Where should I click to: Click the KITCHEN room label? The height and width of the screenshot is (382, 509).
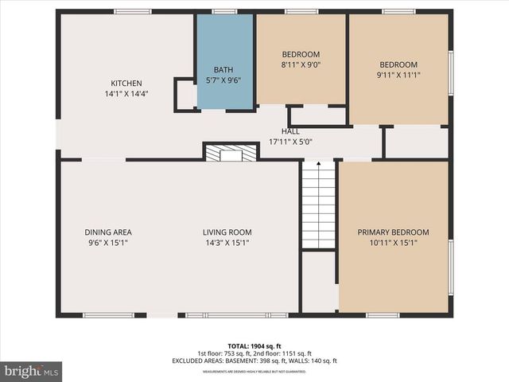click(x=126, y=84)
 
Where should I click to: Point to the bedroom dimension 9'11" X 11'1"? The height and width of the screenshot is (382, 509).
click(x=398, y=76)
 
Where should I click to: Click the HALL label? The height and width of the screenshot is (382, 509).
click(x=290, y=131)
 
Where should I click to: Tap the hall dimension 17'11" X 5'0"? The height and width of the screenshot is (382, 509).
click(x=290, y=142)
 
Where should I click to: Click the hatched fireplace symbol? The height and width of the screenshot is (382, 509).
click(x=231, y=152)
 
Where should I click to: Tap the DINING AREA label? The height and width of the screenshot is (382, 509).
click(x=108, y=232)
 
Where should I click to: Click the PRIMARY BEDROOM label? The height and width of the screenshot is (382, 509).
click(x=393, y=232)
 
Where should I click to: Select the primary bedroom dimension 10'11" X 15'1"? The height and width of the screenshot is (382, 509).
click(x=393, y=243)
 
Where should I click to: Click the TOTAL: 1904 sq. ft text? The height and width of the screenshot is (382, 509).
click(x=254, y=346)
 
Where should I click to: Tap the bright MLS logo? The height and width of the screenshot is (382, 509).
click(x=32, y=371)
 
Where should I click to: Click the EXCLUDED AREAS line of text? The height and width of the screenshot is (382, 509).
click(x=254, y=361)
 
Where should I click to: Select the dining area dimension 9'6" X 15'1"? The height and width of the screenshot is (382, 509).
click(x=108, y=243)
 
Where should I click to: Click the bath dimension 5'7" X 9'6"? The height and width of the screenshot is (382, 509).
click(x=225, y=80)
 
